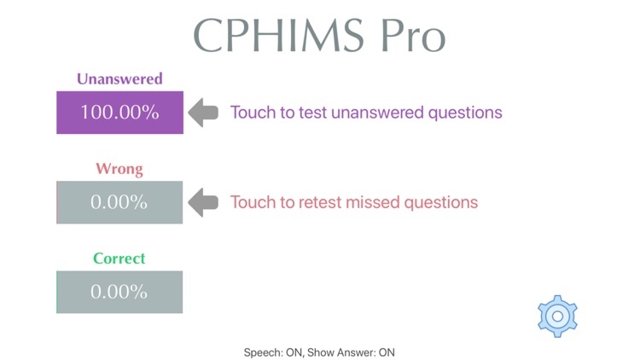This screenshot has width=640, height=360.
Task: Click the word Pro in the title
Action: coord(411,36)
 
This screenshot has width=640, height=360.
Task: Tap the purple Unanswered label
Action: coord(119,79)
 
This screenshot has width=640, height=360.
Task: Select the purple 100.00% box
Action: coord(119,113)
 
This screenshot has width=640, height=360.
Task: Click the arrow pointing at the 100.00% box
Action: coord(203,113)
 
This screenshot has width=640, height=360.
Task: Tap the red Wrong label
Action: coord(119,169)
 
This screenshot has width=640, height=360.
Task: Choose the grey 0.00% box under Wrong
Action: coord(119,203)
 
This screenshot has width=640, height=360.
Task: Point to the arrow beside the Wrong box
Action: coord(203,203)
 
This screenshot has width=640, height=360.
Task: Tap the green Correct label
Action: coord(119,258)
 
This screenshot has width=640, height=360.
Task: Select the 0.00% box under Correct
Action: coord(119,292)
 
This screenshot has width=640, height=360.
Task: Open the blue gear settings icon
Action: coord(557,316)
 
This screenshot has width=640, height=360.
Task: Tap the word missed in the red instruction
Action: coord(370,203)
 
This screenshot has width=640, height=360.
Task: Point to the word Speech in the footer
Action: coord(261,352)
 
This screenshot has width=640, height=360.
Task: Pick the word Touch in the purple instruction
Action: coord(251,113)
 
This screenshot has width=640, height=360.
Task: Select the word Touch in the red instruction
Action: coord(251,203)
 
